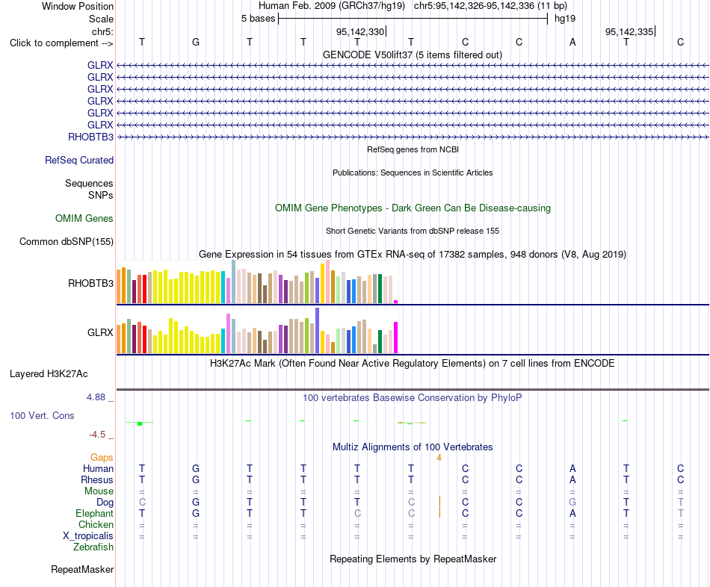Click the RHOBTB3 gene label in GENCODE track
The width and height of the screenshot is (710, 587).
point(90,137)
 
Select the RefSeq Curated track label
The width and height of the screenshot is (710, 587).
point(79,161)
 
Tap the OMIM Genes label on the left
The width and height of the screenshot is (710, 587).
point(84,219)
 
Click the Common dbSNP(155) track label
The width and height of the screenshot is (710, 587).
point(67,242)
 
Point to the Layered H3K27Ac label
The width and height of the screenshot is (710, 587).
point(49,374)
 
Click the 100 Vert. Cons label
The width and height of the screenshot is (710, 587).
point(42,415)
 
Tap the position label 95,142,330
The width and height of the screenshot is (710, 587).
point(360,31)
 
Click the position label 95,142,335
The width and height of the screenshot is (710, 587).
point(629,31)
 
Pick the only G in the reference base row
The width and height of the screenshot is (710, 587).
point(196,42)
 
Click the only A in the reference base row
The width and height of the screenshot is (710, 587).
point(572,42)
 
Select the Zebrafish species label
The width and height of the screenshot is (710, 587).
point(93,547)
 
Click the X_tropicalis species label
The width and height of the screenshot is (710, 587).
point(88,536)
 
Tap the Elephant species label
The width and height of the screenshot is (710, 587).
point(94,513)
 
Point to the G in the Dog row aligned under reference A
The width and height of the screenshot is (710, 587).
point(572,503)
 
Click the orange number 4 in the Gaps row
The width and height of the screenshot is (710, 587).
point(439,458)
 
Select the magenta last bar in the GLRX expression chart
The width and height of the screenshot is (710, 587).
point(396,338)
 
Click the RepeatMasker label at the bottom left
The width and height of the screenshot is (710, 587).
point(82,569)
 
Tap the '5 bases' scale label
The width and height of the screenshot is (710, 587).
point(258,19)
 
